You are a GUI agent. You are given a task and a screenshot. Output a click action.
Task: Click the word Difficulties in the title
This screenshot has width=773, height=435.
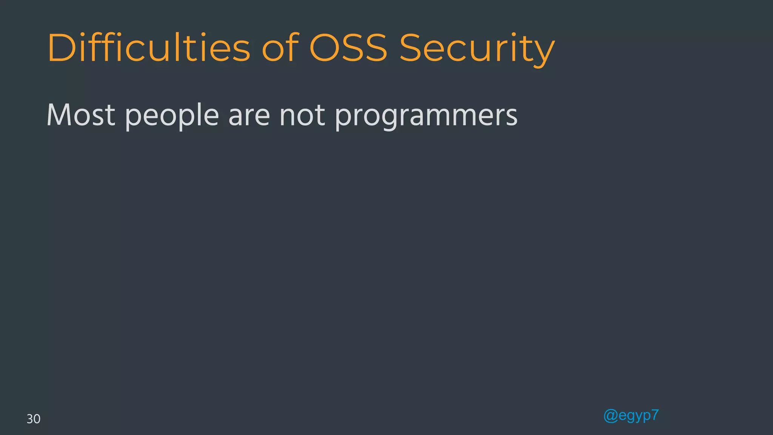(149, 48)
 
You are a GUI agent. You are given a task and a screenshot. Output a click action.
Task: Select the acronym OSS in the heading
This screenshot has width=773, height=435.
(348, 48)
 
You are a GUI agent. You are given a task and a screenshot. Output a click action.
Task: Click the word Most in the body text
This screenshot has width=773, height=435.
(81, 115)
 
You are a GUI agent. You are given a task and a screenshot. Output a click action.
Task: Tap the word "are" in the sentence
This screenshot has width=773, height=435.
(249, 116)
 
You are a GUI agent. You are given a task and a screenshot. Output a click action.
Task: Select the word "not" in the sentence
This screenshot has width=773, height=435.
(302, 115)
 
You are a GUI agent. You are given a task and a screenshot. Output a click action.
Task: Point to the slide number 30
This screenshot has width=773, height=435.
(33, 419)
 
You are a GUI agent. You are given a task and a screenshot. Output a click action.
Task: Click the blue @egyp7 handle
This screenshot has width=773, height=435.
(631, 416)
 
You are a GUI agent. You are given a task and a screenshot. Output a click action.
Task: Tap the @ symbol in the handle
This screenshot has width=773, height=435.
(610, 416)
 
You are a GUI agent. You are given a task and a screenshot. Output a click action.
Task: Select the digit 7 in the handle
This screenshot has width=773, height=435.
(655, 415)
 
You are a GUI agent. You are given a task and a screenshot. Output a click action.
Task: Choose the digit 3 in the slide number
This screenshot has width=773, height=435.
(30, 419)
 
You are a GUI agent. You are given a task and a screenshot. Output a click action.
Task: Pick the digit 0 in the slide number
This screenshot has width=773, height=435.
(37, 419)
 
